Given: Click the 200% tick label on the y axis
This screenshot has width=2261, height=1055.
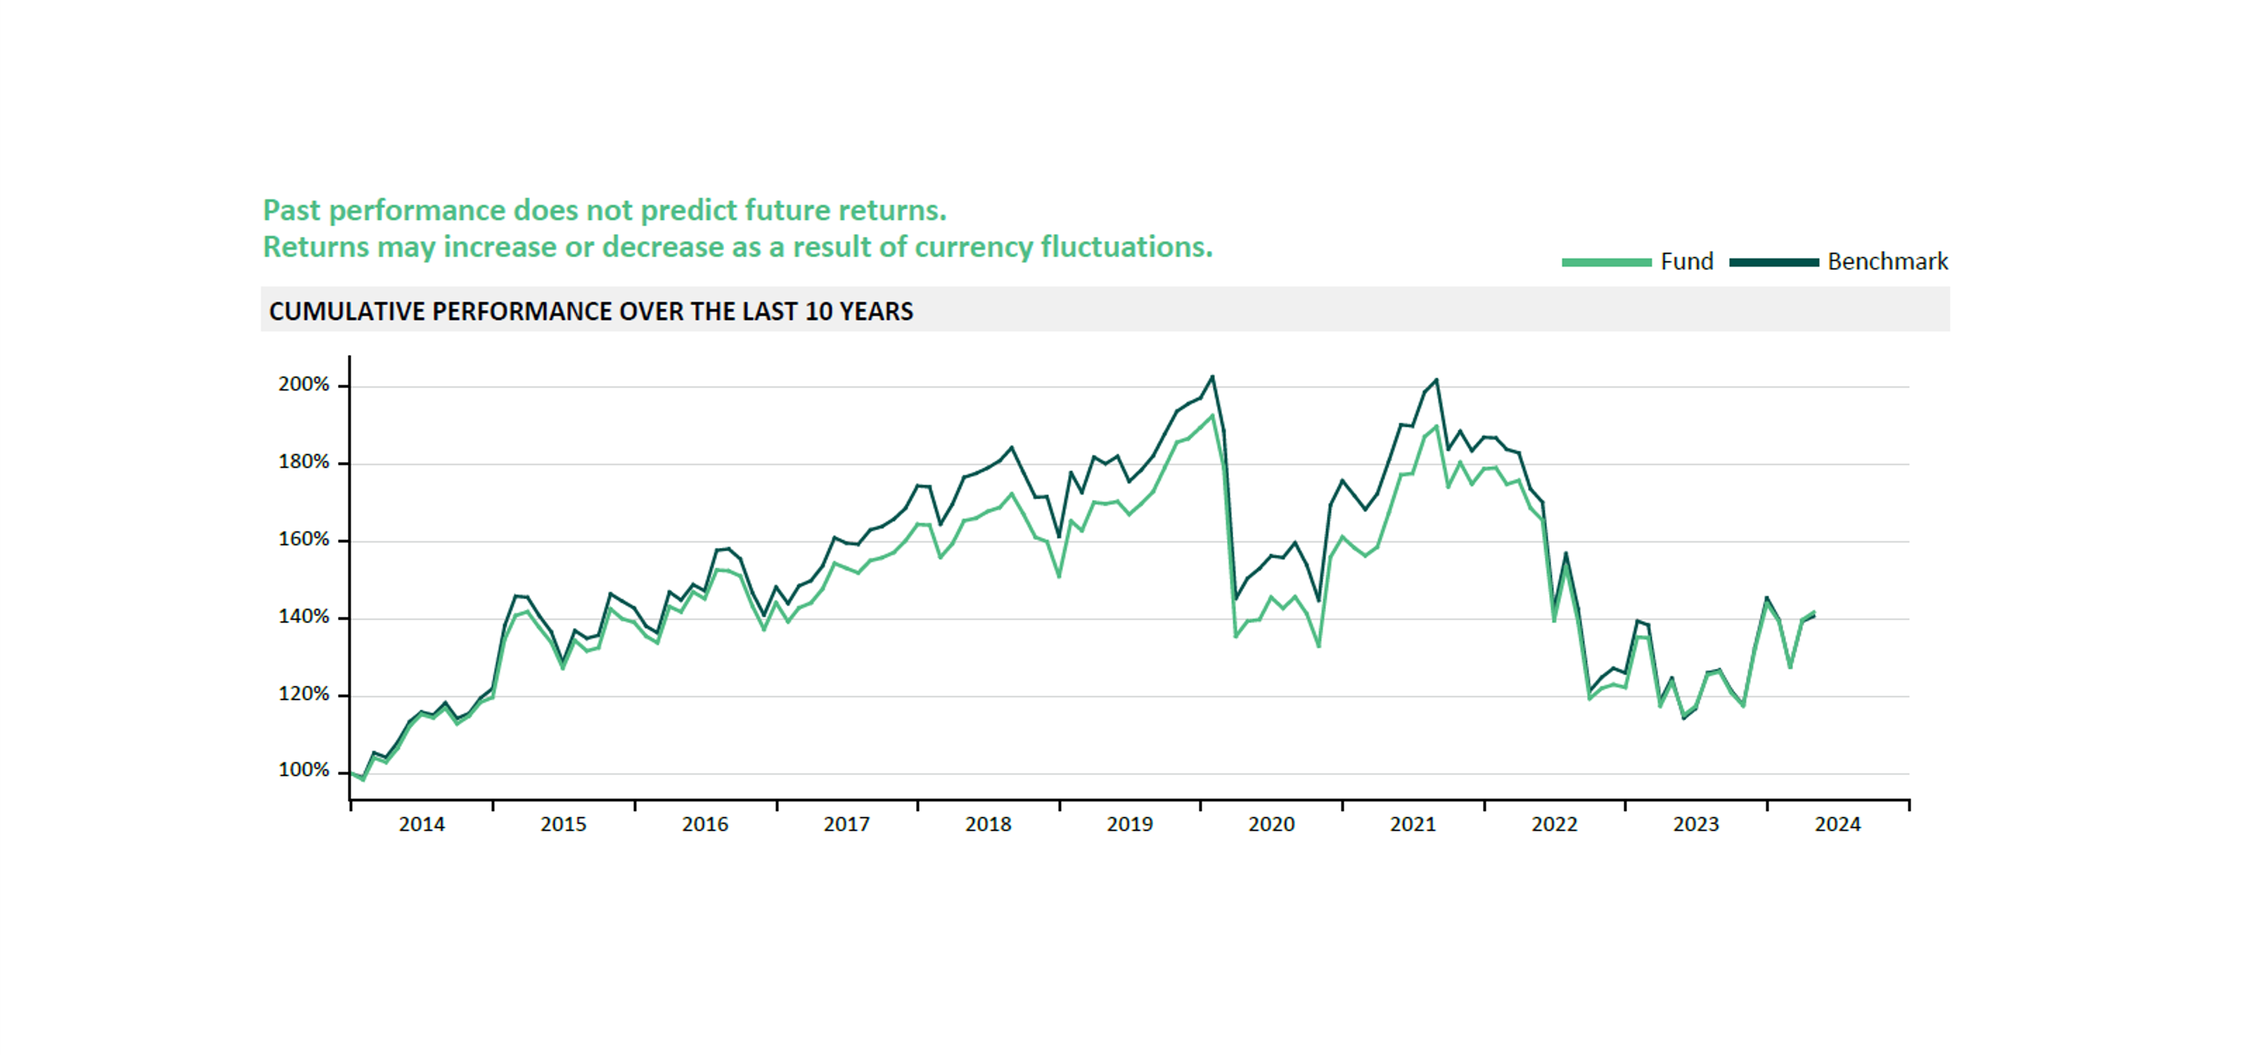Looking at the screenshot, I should click(304, 385).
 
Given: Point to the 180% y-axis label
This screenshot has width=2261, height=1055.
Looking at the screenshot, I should click(304, 461).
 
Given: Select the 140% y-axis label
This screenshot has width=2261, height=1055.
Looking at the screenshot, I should click(304, 617).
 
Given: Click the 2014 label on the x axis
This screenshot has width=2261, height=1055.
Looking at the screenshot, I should click(421, 824).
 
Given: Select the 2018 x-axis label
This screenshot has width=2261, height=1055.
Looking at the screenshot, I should click(988, 824).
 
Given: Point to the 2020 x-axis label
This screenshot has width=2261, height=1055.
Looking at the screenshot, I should click(1272, 824).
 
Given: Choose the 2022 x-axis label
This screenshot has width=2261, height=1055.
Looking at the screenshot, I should click(1554, 824).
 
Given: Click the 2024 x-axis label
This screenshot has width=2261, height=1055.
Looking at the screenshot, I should click(1838, 824).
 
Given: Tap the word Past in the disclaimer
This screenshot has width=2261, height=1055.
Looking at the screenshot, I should click(292, 211).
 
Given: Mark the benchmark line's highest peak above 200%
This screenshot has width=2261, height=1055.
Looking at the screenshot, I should click(1212, 377).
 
